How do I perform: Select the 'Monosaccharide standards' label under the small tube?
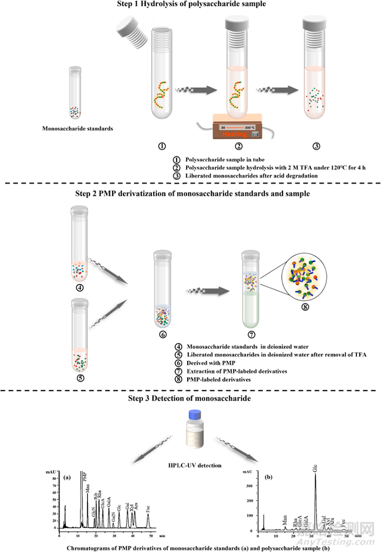pyautogui.click(x=77, y=128)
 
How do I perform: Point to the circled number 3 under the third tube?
pyautogui.click(x=316, y=146)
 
